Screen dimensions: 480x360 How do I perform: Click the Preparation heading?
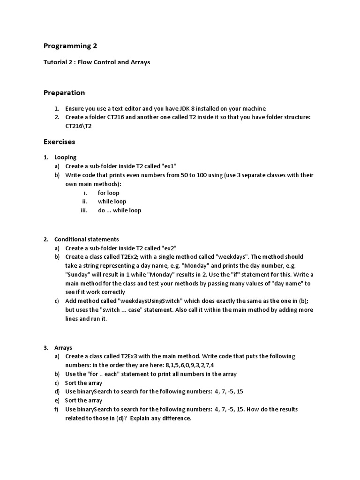coord(64,93)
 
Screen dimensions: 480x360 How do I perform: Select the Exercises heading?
coord(59,142)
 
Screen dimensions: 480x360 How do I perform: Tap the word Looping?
coord(65,157)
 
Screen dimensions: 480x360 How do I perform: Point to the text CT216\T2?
coord(78,127)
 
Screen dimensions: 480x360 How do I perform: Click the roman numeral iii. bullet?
coord(84,210)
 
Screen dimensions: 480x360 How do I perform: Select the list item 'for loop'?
coord(108,193)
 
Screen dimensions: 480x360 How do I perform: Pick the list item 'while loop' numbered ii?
coord(112,202)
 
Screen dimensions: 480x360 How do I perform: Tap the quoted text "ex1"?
coord(169,166)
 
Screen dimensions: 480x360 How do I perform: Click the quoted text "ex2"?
coord(169,248)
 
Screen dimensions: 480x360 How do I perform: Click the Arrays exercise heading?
coord(63,348)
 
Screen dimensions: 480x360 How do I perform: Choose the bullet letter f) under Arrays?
coord(57,409)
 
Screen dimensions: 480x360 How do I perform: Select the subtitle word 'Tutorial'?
coord(55,62)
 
